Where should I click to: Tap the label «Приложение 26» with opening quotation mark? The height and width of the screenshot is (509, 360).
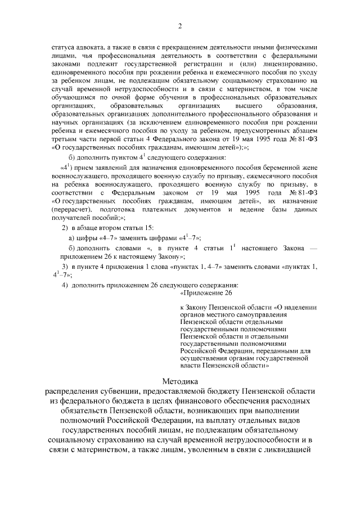coord(205,292)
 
